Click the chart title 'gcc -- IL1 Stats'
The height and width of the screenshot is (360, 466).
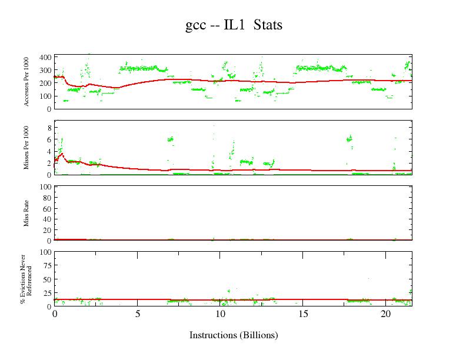233,25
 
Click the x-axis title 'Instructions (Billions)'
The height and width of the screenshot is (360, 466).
233,335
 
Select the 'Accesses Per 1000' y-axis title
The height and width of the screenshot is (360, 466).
26,81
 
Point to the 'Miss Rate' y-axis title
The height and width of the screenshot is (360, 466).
26,214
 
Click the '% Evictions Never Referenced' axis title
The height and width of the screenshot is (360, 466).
26,279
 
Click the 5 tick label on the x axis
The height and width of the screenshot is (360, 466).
137,314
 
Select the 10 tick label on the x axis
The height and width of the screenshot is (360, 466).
220,314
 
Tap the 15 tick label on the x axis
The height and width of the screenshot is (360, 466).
303,314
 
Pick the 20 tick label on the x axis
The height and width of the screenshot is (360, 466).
385,314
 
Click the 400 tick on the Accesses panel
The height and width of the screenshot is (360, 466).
45,58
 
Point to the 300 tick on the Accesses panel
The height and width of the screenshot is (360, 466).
45,71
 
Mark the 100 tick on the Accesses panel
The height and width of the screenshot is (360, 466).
45,96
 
